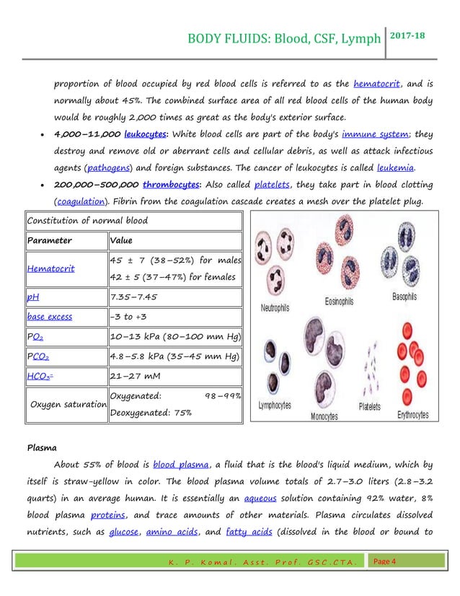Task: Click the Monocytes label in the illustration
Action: point(329,416)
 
